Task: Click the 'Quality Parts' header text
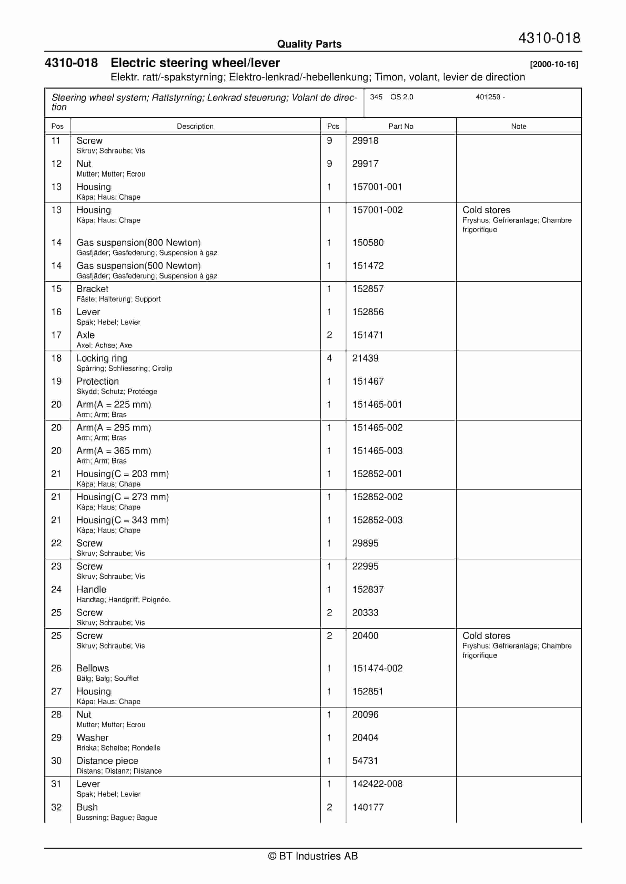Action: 309,44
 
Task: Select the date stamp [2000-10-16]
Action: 553,64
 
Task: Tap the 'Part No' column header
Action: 401,126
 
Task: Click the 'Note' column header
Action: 518,126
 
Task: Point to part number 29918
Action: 365,141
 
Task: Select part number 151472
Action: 368,266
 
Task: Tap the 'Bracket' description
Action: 92,289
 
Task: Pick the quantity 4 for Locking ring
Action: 329,358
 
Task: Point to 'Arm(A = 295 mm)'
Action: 113,428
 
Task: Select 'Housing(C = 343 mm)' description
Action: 122,520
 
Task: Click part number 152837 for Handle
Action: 368,589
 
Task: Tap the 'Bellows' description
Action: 93,669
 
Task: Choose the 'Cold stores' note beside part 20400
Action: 486,636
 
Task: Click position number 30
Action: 56,761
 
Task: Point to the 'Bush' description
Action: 87,807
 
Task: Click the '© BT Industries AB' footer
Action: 313,856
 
